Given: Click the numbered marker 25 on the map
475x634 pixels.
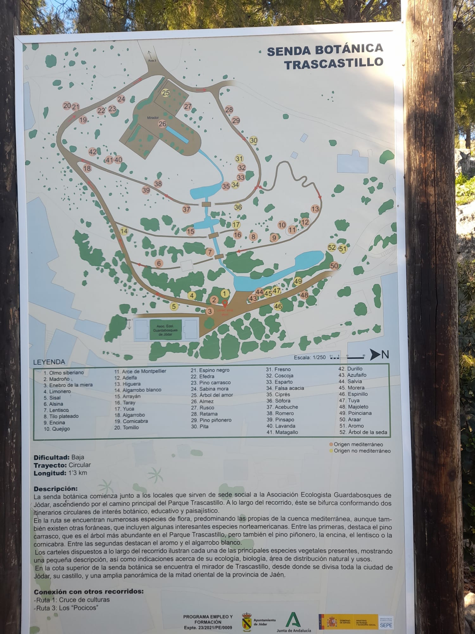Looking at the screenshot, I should pyautogui.click(x=166, y=93).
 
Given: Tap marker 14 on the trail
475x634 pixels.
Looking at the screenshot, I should pyautogui.click(x=124, y=231).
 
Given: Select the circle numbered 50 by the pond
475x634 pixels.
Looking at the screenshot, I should pyautogui.click(x=334, y=266).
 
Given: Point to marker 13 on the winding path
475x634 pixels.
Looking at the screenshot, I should pyautogui.click(x=315, y=209).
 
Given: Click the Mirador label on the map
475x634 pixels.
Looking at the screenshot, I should pyautogui.click(x=153, y=118).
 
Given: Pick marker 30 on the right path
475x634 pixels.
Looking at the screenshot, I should pyautogui.click(x=254, y=140).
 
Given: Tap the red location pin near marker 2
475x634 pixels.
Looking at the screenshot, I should pyautogui.click(x=225, y=303).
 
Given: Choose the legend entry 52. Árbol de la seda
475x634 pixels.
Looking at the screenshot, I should pyautogui.click(x=363, y=432).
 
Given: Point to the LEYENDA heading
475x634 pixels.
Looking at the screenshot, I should pyautogui.click(x=49, y=362).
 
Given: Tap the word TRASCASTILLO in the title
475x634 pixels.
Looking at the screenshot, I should pyautogui.click(x=333, y=63).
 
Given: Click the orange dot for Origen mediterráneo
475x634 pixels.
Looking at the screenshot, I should pyautogui.click(x=331, y=444).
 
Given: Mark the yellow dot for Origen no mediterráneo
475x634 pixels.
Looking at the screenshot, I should pyautogui.click(x=331, y=451).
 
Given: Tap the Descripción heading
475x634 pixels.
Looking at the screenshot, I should pyautogui.click(x=55, y=489).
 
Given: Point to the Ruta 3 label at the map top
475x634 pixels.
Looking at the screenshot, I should pyautogui.click(x=152, y=61).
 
